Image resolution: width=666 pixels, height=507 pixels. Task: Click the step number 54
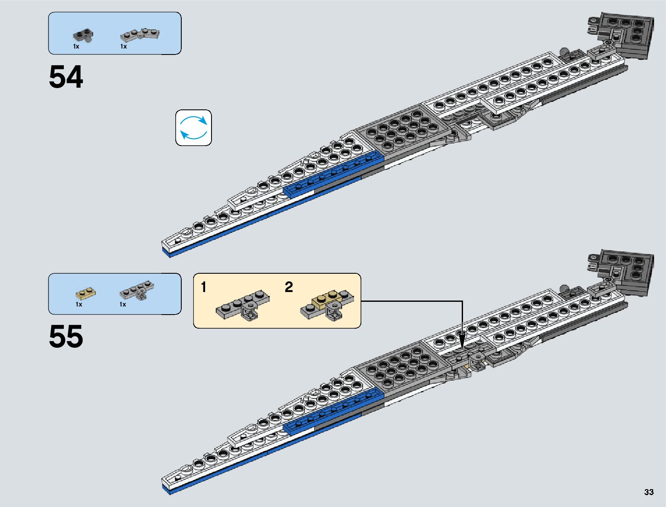tap(66, 77)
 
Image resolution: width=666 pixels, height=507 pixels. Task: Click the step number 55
tap(66, 337)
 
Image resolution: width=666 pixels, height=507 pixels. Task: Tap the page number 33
tap(649, 492)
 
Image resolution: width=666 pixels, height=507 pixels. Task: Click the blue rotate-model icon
tap(194, 128)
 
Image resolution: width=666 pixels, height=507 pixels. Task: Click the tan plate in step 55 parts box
tap(86, 293)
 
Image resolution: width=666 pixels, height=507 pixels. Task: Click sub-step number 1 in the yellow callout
tap(204, 287)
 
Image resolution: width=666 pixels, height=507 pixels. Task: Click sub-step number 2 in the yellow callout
tap(289, 287)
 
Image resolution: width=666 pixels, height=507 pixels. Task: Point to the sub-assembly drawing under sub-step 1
tap(243, 306)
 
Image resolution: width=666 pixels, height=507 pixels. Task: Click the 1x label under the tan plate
tap(79, 304)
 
